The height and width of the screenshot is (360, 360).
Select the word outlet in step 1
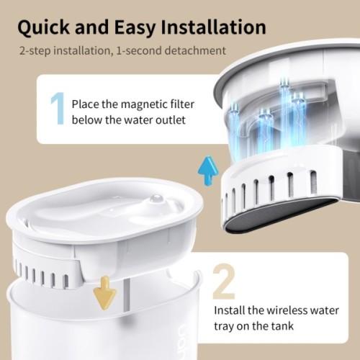171,119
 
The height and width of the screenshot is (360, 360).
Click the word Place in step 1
86,103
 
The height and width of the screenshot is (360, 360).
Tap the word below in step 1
89,119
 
